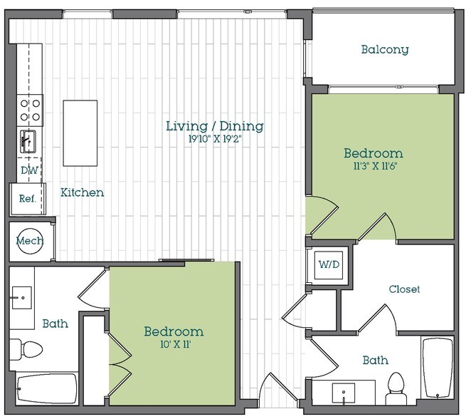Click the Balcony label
pyautogui.click(x=384, y=49)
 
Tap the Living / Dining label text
pyautogui.click(x=214, y=126)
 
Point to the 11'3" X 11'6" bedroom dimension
pyautogui.click(x=373, y=167)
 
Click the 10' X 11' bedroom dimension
pyautogui.click(x=174, y=345)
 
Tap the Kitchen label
pyautogui.click(x=82, y=192)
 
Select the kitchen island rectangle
pyautogui.click(x=80, y=133)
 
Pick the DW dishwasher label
pyautogui.click(x=28, y=171)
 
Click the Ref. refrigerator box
pyautogui.click(x=27, y=199)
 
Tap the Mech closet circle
pyautogui.click(x=29, y=241)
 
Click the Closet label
pyautogui.click(x=404, y=289)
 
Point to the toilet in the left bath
pyautogui.click(x=29, y=350)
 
